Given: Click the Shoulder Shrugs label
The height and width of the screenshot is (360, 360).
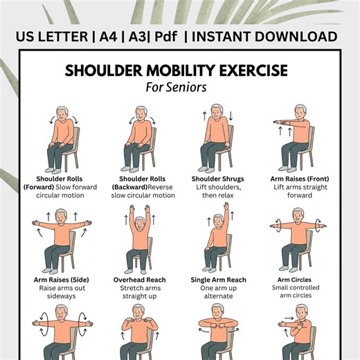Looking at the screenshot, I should [x=222, y=179].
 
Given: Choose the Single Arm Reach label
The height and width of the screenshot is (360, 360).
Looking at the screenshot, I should [x=222, y=280].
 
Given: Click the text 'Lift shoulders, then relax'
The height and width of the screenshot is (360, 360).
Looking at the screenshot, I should [x=222, y=191].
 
